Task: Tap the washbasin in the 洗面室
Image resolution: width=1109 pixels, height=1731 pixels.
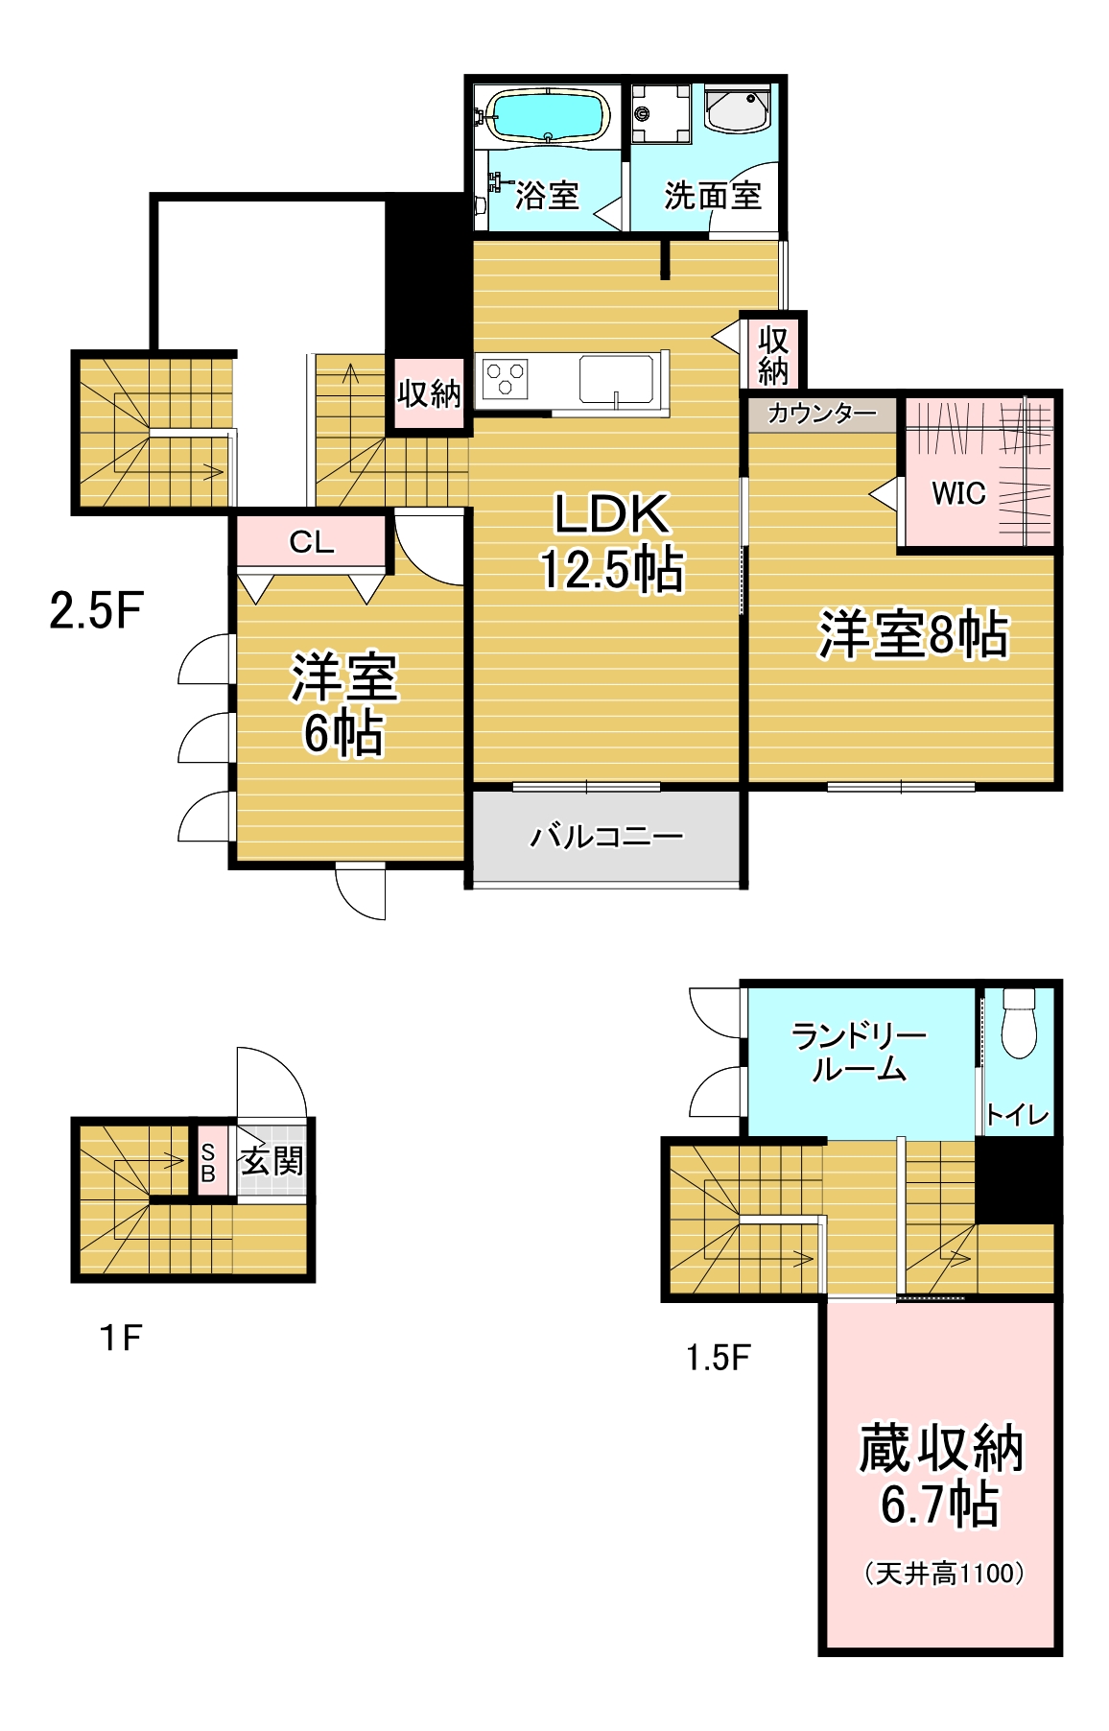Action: (738, 109)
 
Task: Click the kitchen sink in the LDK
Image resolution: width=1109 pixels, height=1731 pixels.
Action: (616, 378)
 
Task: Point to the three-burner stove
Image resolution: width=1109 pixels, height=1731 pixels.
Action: (506, 378)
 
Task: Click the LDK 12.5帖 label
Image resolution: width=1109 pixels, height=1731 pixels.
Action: (612, 541)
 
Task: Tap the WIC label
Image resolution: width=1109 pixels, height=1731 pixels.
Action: (958, 493)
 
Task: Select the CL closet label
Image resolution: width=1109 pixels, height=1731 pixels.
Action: (312, 542)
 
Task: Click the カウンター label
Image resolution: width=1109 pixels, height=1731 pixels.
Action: (822, 414)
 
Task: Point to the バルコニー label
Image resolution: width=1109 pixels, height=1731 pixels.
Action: (606, 837)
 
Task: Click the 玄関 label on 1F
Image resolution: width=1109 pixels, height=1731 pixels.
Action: (272, 1161)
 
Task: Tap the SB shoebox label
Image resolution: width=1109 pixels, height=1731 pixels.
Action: (208, 1163)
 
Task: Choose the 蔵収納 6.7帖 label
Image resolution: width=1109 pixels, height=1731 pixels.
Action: (941, 1476)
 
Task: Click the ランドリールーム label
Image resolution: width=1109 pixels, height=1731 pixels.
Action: (859, 1052)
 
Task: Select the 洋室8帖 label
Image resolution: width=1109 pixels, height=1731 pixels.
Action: (913, 634)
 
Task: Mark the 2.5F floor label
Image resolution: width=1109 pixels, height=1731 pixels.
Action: (97, 610)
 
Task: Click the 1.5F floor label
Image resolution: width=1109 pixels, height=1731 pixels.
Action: (719, 1358)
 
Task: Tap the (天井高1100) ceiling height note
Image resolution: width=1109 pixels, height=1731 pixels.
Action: (944, 1574)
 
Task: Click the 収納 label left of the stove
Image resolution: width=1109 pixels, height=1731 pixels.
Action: (429, 393)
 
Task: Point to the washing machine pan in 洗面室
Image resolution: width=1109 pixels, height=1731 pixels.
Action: (661, 114)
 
